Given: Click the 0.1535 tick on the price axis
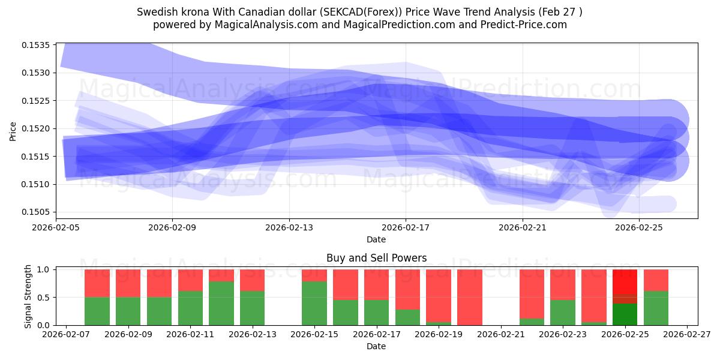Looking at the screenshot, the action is [35, 45].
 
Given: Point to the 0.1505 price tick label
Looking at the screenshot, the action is [35, 212].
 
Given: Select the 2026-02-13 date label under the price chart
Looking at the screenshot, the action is [289, 227].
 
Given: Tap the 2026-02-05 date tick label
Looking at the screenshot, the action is [56, 227].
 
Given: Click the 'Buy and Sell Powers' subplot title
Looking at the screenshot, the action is [376, 258].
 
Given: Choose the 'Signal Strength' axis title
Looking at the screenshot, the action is [28, 296].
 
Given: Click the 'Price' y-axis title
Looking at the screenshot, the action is [13, 131].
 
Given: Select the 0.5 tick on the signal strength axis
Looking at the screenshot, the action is [43, 298].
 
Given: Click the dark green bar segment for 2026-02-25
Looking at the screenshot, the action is [625, 314].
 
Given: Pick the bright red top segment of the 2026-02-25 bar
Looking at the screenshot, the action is [625, 281].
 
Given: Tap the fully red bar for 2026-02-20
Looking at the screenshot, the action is [470, 298].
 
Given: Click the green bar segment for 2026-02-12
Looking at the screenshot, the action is [221, 304].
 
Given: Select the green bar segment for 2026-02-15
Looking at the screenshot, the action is [314, 304].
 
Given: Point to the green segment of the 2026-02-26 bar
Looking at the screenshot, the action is [656, 308].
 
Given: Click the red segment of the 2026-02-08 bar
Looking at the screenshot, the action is [97, 283].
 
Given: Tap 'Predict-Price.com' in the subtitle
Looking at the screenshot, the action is [524, 25].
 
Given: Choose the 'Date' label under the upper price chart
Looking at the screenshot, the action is [376, 239].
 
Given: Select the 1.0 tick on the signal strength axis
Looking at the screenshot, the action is [43, 269].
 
